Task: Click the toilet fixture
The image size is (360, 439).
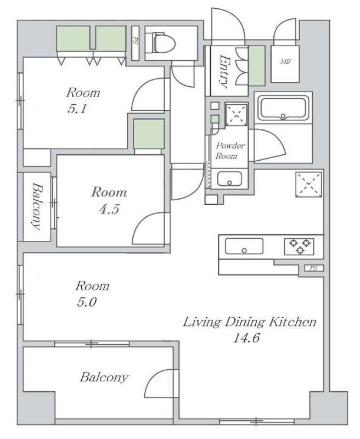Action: pyautogui.click(x=164, y=43)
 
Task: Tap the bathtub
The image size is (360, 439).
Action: pyautogui.click(x=283, y=108)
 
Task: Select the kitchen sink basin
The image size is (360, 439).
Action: pyautogui.click(x=244, y=246)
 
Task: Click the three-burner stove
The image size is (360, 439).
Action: pyautogui.click(x=299, y=246)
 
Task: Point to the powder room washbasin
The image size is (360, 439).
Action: pyautogui.click(x=229, y=179)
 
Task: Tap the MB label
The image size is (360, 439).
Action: pyautogui.click(x=285, y=61)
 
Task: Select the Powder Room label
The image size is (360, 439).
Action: pyautogui.click(x=230, y=150)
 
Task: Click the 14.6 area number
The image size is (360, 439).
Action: pyautogui.click(x=246, y=338)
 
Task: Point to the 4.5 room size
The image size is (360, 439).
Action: pyautogui.click(x=109, y=209)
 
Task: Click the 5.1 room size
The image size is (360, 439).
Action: pyautogui.click(x=77, y=108)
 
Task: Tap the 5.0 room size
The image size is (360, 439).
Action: pyautogui.click(x=87, y=302)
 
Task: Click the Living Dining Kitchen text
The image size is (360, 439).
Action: pyautogui.click(x=250, y=322)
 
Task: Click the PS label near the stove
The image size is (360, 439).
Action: pyautogui.click(x=313, y=268)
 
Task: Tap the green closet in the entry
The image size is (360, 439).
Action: pyautogui.click(x=257, y=66)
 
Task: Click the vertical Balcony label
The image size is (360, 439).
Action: pyautogui.click(x=37, y=206)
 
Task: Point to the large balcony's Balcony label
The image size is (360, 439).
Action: pyautogui.click(x=104, y=378)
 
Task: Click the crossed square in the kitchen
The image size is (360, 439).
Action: pyautogui.click(x=308, y=184)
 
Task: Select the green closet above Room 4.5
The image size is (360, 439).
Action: pyautogui.click(x=149, y=134)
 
